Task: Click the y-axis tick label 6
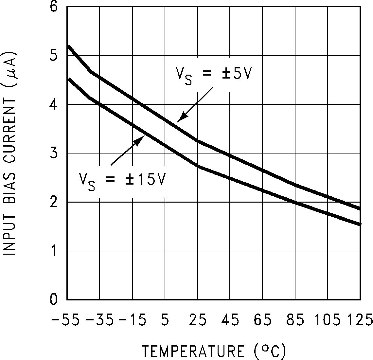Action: click(53, 7)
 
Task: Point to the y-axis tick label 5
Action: click(53, 56)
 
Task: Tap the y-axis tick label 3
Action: click(53, 153)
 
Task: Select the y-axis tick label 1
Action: click(53, 251)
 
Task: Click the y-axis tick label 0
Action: click(53, 300)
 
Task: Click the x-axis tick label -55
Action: click(65, 320)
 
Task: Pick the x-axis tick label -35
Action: click(99, 320)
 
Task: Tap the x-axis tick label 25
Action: click(197, 320)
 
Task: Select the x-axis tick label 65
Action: click(263, 320)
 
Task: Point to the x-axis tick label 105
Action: click(328, 320)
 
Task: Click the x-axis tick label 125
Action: click(360, 320)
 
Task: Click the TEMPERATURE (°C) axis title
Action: click(214, 351)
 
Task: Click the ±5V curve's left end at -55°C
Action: click(68, 46)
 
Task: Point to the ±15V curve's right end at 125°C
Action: click(360, 224)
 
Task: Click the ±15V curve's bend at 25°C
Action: click(197, 166)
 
